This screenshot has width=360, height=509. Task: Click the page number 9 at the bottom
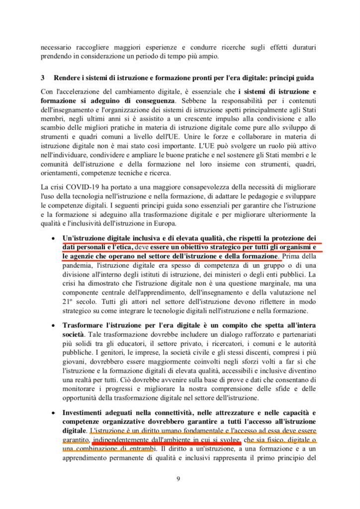coord(180,479)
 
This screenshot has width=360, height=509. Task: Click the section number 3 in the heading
coord(43,79)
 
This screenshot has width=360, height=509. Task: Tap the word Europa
coord(180,223)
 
